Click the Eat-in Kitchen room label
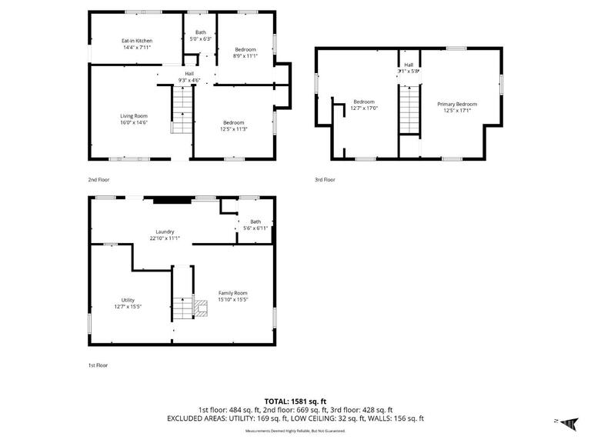coord(136,41)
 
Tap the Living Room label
coord(134,116)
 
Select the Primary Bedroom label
coord(457,105)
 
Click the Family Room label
coord(233,293)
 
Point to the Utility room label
coord(128,300)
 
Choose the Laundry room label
coord(165,231)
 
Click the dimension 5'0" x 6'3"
coord(200,38)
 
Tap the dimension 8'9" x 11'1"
coord(245,55)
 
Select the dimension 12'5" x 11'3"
coord(234,129)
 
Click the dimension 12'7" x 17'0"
coord(364,108)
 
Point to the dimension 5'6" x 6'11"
coord(255,228)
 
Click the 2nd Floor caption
coord(98,179)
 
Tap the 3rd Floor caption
coord(325,179)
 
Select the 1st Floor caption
coord(98,365)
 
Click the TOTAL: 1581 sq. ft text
coord(295,401)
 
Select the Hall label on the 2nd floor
coord(189,73)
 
